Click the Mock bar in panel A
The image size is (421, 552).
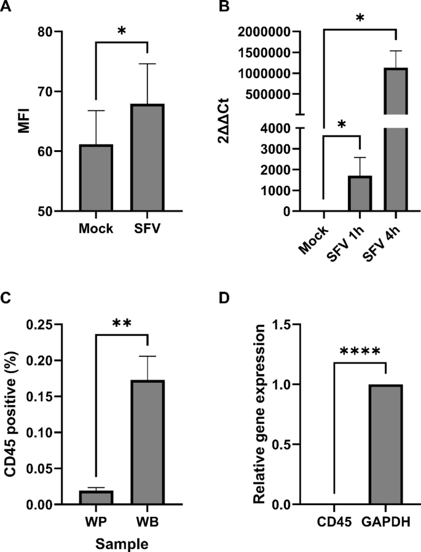coord(95,178)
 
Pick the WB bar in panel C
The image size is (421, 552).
coord(148,442)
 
